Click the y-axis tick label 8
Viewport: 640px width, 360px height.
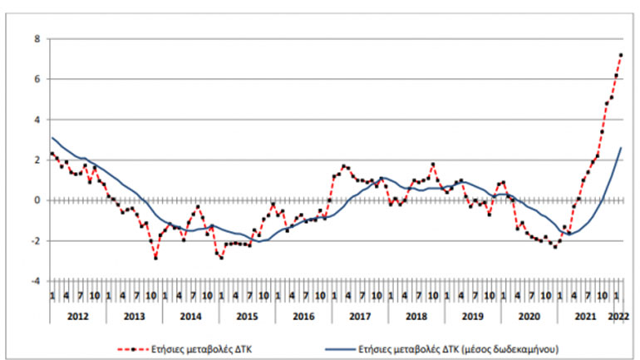(35, 38)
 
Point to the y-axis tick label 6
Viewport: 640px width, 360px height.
(35, 79)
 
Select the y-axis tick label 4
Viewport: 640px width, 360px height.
(35, 120)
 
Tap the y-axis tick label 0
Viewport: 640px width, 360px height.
(35, 200)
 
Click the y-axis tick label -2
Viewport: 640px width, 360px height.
(33, 241)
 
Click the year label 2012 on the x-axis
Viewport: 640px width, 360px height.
(77, 317)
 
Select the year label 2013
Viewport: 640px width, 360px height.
(134, 317)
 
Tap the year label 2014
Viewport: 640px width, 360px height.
(190, 317)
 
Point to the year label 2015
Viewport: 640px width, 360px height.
(247, 317)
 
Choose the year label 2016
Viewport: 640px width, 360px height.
(303, 317)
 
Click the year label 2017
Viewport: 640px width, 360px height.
(360, 317)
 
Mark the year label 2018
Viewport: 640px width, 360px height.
(416, 317)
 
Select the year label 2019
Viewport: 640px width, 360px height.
(472, 317)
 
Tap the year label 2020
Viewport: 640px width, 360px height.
(529, 317)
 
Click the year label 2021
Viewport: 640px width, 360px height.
(585, 317)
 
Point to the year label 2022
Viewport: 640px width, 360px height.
(618, 317)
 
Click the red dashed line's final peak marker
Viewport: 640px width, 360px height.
(621, 55)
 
